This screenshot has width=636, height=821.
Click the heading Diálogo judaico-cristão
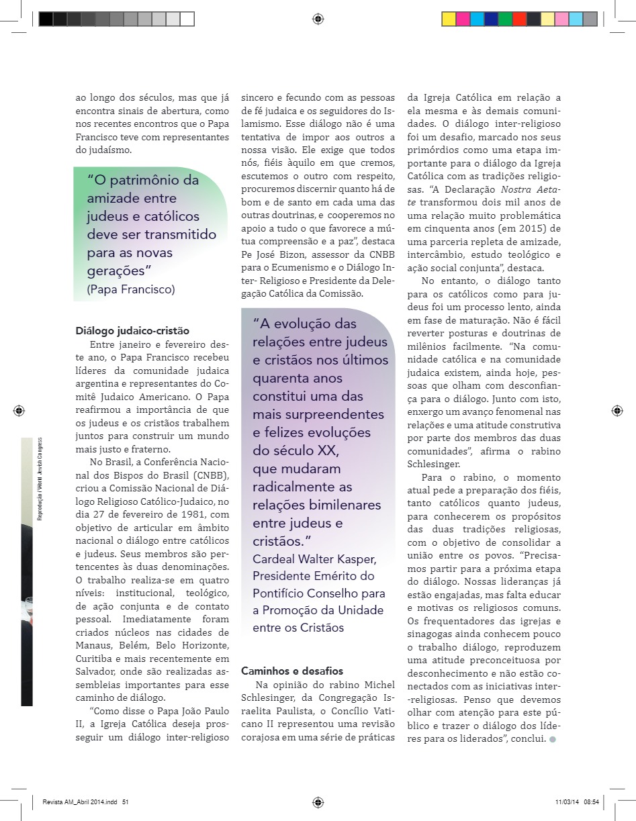[132, 330]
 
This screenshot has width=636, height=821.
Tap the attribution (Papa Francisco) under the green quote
[131, 289]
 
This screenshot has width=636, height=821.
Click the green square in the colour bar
[505, 19]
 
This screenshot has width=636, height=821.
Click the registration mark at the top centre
[318, 19]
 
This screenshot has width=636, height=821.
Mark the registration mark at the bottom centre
[318, 801]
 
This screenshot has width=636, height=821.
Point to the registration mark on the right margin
[617, 410]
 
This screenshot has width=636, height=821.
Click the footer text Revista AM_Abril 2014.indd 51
[85, 801]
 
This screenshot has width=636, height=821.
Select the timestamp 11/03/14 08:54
[577, 801]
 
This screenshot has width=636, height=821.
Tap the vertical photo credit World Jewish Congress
[40, 470]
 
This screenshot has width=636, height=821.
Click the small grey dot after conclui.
[553, 739]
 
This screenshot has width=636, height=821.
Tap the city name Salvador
[97, 671]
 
